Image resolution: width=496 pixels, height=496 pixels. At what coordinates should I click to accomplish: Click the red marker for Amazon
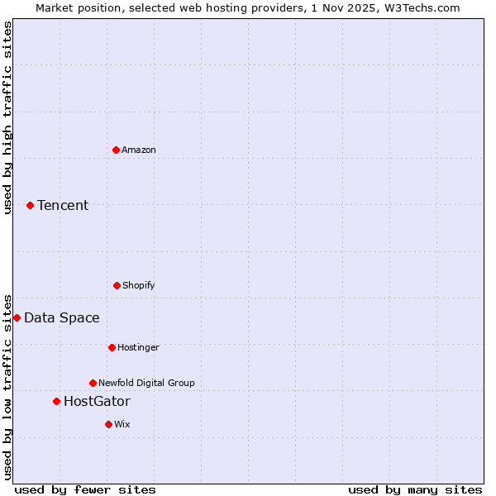tap(116, 150)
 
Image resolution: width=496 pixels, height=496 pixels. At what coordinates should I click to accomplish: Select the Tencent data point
tap(30, 205)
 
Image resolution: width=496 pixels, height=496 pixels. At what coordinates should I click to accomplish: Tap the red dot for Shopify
tap(117, 285)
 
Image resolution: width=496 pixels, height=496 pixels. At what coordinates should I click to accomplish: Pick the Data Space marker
tap(17, 317)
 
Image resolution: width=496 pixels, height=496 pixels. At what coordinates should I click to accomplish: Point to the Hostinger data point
tap(112, 347)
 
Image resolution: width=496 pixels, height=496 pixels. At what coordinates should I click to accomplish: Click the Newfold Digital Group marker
tap(93, 383)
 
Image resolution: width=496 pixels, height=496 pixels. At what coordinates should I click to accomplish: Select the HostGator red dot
tap(56, 401)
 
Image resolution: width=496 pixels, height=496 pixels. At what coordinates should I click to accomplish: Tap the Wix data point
tap(108, 424)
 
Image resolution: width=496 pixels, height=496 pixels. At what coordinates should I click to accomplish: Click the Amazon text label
tap(139, 150)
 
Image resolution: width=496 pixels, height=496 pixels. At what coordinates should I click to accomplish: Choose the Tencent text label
tap(63, 205)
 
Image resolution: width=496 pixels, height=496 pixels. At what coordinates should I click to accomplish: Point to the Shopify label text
tap(139, 285)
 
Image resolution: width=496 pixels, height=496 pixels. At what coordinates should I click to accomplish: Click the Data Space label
tap(62, 317)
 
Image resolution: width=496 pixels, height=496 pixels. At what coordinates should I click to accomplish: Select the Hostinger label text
tap(138, 347)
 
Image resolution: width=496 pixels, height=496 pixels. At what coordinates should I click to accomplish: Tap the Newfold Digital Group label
tap(146, 383)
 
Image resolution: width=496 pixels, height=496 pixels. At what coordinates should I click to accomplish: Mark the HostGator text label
tap(97, 401)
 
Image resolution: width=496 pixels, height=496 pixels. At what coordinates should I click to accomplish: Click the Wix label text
tap(122, 424)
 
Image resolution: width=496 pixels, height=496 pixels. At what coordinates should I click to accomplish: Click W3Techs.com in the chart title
tap(427, 7)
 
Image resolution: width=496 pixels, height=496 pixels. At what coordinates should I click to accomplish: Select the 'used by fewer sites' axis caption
tap(85, 489)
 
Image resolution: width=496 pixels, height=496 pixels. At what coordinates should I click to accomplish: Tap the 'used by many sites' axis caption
tap(415, 489)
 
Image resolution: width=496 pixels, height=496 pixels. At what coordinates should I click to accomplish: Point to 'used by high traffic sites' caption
tap(7, 117)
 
